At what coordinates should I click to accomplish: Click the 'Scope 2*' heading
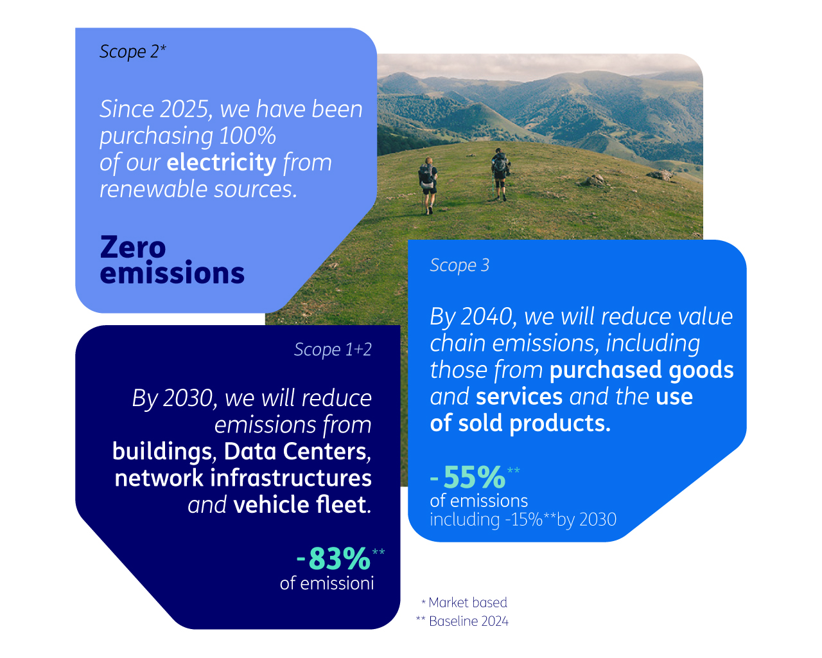(133, 52)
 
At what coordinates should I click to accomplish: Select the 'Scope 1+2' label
(333, 350)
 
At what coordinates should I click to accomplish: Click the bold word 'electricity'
(222, 162)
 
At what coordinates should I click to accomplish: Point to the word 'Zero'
(133, 247)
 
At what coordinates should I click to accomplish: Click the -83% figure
(333, 558)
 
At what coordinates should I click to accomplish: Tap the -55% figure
(468, 477)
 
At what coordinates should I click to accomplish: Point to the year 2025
(184, 109)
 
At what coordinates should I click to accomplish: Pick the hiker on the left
(428, 186)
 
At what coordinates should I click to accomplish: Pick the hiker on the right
(500, 174)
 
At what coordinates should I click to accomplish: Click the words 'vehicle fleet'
(302, 504)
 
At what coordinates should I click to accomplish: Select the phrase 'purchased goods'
(642, 370)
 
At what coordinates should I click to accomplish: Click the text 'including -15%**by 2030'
(523, 520)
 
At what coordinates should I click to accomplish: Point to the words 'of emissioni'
(327, 583)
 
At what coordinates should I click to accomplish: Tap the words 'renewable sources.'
(198, 190)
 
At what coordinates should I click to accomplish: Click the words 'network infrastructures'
(243, 478)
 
